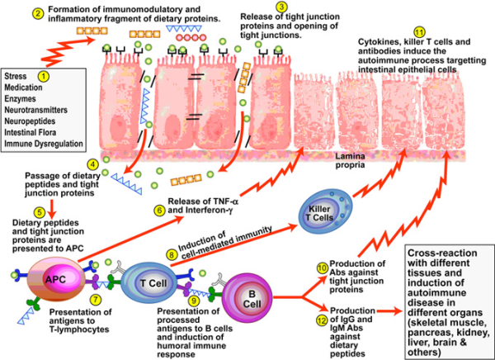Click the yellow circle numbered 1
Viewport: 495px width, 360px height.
pos(44,76)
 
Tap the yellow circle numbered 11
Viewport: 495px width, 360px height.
pos(419,32)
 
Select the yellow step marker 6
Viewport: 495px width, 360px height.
pos(160,211)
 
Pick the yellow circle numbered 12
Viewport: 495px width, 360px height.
pos(322,320)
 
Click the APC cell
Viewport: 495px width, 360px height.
pos(56,279)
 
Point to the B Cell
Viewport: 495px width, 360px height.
pos(247,298)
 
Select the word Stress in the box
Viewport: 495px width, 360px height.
pos(16,76)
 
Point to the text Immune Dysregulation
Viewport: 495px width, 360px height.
pos(44,144)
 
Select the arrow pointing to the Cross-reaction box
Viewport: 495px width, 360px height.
pos(389,311)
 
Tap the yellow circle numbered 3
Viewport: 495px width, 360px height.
pos(281,7)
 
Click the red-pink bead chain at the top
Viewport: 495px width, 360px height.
pos(191,38)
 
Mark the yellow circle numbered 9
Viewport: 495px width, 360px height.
pos(192,299)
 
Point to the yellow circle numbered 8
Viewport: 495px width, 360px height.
pos(172,254)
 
